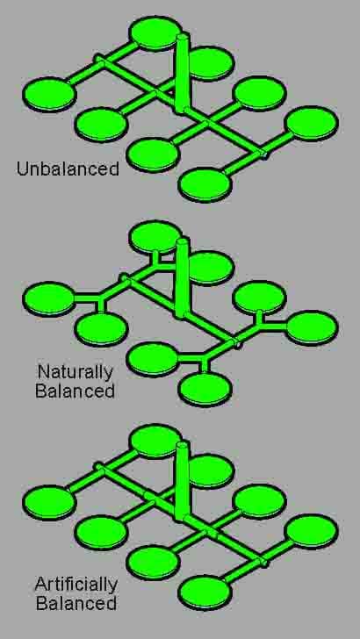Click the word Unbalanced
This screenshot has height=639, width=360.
pyautogui.click(x=68, y=169)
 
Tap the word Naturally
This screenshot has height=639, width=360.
pyautogui.click(x=75, y=373)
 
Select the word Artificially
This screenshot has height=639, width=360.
pyautogui.click(x=76, y=585)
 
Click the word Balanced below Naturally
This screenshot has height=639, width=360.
pyautogui.click(x=75, y=391)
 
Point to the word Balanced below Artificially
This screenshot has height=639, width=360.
pyautogui.click(x=76, y=603)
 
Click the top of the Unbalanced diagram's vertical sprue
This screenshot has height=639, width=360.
pyautogui.click(x=183, y=37)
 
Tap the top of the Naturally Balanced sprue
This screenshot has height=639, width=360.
pyautogui.click(x=183, y=241)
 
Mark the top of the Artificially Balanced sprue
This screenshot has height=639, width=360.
pyautogui.click(x=183, y=445)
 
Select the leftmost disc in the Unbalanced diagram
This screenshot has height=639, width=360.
pyautogui.click(x=49, y=94)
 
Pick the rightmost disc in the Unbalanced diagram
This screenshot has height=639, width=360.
pyautogui.click(x=312, y=124)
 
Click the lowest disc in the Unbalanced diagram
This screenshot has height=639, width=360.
pyautogui.click(x=205, y=185)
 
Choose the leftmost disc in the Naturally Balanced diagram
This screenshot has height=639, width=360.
pyautogui.click(x=49, y=298)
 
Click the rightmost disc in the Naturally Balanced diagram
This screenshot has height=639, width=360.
pyautogui.click(x=312, y=327)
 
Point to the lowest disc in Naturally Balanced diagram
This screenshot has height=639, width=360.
pyautogui.click(x=205, y=390)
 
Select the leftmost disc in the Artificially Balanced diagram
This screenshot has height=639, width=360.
pyautogui.click(x=49, y=502)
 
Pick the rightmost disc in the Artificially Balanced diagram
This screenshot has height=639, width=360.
pyautogui.click(x=312, y=531)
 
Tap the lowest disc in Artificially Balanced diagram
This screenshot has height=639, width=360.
pyautogui.click(x=205, y=593)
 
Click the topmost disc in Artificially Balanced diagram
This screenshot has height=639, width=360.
pyautogui.click(x=155, y=441)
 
